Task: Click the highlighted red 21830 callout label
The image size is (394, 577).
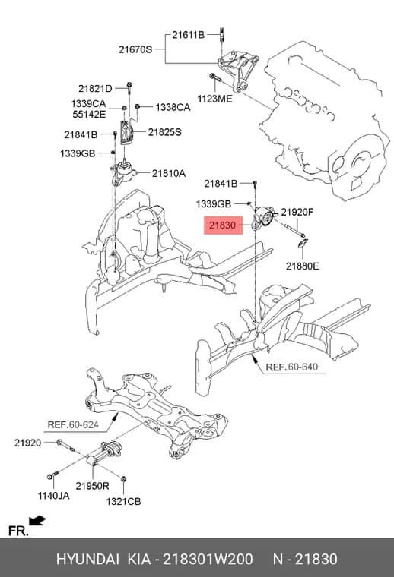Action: pyautogui.click(x=223, y=225)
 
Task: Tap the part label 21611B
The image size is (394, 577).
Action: pyautogui.click(x=188, y=35)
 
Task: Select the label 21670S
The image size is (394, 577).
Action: pyautogui.click(x=135, y=49)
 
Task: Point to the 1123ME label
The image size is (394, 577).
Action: pyautogui.click(x=215, y=99)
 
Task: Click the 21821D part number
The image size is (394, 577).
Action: pyautogui.click(x=95, y=89)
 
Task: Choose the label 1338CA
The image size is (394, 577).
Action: pyautogui.click(x=173, y=107)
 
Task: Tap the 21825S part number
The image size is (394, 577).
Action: pyautogui.click(x=165, y=132)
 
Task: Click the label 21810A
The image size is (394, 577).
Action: pyautogui.click(x=169, y=173)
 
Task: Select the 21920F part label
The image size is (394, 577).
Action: pyautogui.click(x=297, y=212)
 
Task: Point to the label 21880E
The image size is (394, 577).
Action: pyautogui.click(x=303, y=266)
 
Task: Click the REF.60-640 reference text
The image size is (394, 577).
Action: pyautogui.click(x=292, y=367)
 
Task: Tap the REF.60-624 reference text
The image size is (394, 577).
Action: pyautogui.click(x=73, y=424)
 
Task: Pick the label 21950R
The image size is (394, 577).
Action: pyautogui.click(x=93, y=486)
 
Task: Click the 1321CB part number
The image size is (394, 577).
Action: pyautogui.click(x=123, y=501)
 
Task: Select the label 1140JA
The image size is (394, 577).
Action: pyautogui.click(x=53, y=496)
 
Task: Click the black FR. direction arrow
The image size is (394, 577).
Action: pyautogui.click(x=37, y=520)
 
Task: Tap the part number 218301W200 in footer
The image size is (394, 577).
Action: pyautogui.click(x=208, y=559)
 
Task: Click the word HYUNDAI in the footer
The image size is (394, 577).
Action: pyautogui.click(x=87, y=559)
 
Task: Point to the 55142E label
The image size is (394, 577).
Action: pyautogui.click(x=89, y=114)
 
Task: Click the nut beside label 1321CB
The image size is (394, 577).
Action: pyautogui.click(x=124, y=478)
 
